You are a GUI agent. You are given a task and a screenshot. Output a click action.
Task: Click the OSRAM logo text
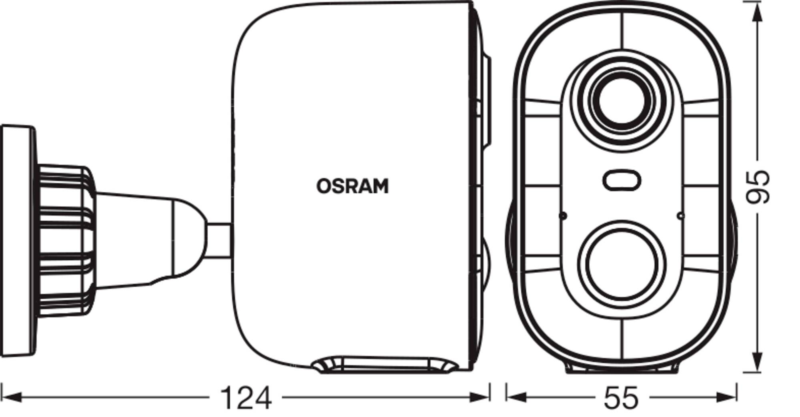coord(352,186)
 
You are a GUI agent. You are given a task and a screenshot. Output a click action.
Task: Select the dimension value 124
coord(246,398)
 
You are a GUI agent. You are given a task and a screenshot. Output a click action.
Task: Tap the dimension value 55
coord(621,398)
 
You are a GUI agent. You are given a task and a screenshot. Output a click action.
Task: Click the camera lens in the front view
coord(621,100)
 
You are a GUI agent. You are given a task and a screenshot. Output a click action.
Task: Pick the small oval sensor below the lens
coord(621,180)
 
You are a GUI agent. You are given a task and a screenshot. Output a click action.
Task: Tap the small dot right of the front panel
coord(680,216)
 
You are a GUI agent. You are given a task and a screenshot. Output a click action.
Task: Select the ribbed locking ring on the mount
coord(66,241)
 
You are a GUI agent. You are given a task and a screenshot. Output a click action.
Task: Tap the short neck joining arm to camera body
coord(219,240)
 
